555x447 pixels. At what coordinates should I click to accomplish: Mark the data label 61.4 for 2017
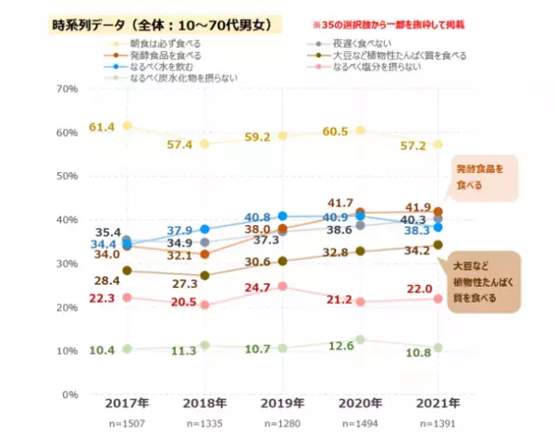[101, 126]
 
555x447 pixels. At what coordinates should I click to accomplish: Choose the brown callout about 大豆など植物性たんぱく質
[487, 283]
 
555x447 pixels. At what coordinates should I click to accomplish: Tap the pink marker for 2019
[283, 287]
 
